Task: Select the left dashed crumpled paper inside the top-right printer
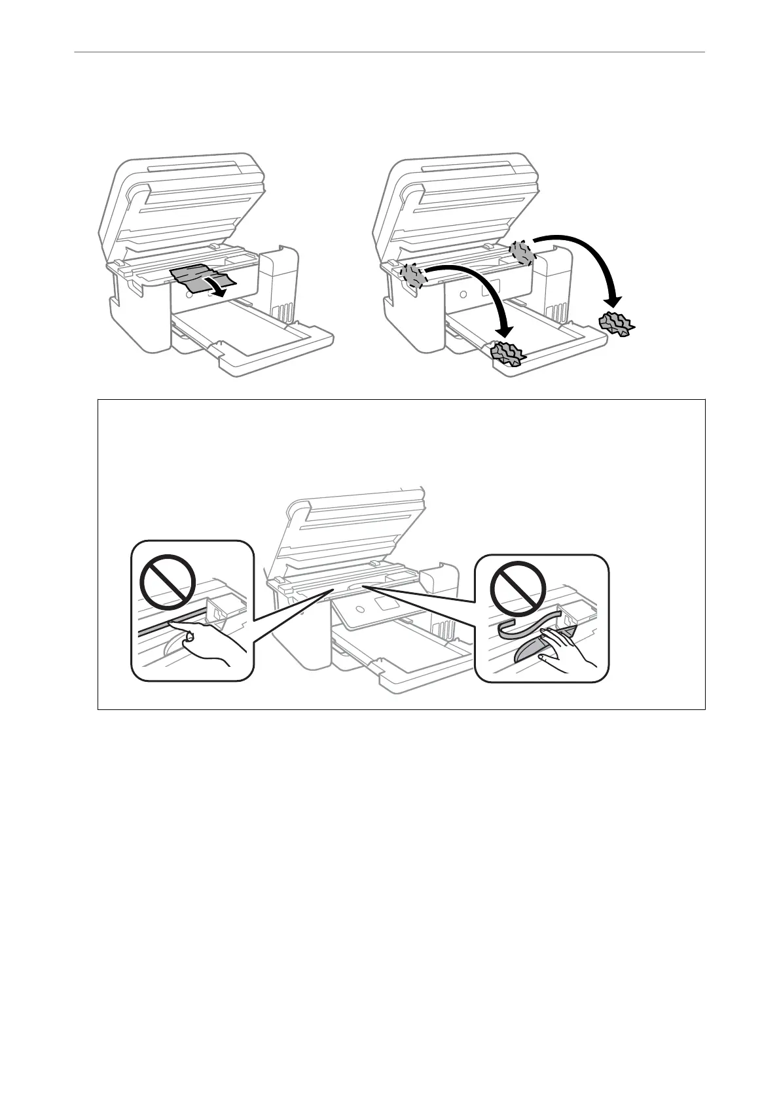click(413, 274)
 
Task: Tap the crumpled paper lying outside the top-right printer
click(616, 323)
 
